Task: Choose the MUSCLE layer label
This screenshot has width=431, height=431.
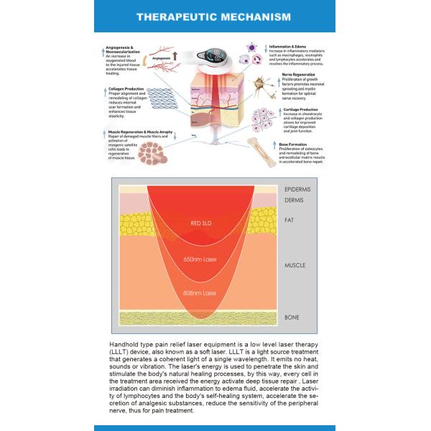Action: [295, 265]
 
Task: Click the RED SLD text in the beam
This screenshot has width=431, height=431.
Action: [200, 223]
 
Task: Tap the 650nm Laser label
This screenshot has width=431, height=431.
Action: [200, 259]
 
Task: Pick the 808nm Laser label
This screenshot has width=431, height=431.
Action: [200, 293]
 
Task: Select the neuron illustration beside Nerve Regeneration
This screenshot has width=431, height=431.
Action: [260, 84]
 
